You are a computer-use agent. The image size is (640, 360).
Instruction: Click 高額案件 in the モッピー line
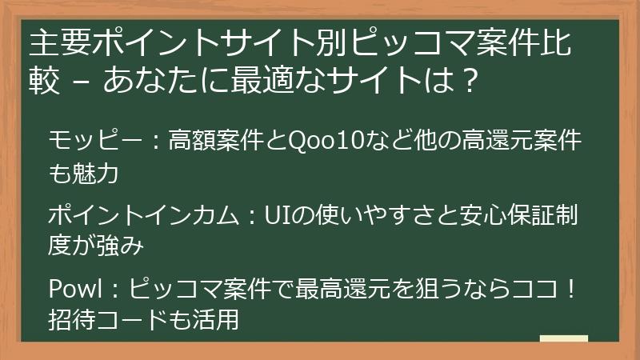pyautogui.click(x=210, y=142)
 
